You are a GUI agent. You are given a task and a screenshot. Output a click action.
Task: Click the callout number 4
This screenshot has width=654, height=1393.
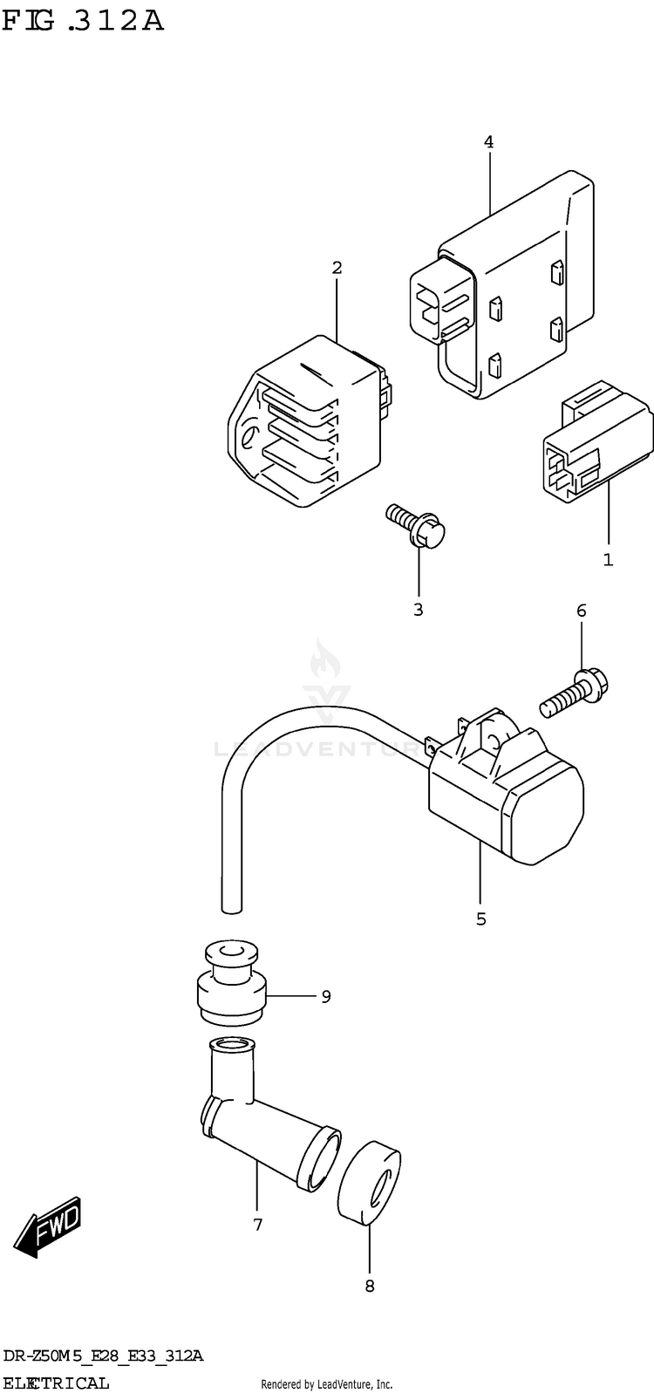pyautogui.click(x=489, y=141)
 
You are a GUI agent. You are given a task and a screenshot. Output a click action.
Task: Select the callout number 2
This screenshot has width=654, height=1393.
pyautogui.click(x=337, y=268)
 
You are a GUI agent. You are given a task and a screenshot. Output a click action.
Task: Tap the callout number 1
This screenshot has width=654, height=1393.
pyautogui.click(x=608, y=560)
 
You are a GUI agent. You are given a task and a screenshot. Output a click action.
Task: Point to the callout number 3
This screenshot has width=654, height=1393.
pyautogui.click(x=418, y=610)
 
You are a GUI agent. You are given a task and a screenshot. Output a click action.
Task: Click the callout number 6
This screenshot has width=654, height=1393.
pyautogui.click(x=581, y=611)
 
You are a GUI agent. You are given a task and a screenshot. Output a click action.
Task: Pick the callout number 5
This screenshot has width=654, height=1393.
pyautogui.click(x=480, y=918)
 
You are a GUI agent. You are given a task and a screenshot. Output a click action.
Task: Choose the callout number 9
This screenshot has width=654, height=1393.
pyautogui.click(x=325, y=996)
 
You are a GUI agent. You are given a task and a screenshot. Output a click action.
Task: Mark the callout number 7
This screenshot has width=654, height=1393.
pyautogui.click(x=257, y=1226)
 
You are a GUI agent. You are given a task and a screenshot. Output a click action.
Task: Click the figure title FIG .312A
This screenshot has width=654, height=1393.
pyautogui.click(x=83, y=20)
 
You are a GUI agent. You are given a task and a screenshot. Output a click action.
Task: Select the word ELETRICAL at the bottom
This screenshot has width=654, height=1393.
pyautogui.click(x=57, y=1383)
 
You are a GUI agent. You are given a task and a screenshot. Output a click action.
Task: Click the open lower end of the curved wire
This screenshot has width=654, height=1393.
pyautogui.click(x=231, y=909)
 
